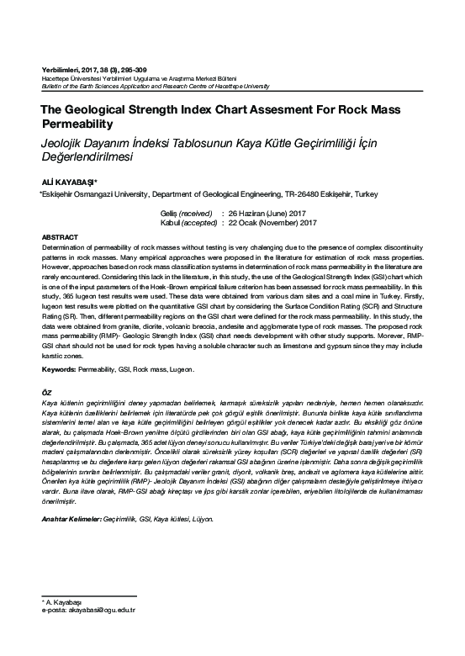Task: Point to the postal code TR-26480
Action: pos(299,193)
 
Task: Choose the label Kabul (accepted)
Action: pos(187,222)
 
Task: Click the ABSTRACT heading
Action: pos(61,238)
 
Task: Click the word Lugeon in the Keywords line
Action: pos(181,369)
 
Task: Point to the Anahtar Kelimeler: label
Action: pos(71,520)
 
